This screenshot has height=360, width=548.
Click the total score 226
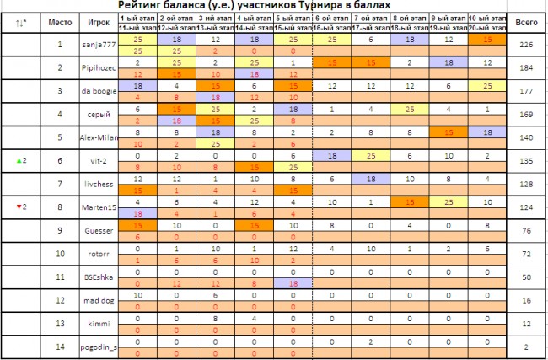point(527,44)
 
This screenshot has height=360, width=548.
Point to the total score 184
point(527,67)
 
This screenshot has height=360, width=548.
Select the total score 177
point(527,90)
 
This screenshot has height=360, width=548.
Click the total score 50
point(527,276)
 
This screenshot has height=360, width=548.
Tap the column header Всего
point(527,20)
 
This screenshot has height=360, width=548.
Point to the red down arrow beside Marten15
point(15,206)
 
